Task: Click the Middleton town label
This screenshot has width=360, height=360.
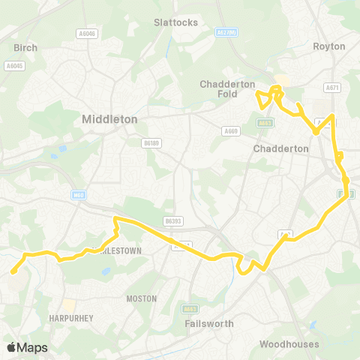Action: point(109,118)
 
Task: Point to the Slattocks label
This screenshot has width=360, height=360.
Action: point(175,22)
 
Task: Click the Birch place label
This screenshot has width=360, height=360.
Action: point(25,47)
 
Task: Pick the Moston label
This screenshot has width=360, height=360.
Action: point(142,298)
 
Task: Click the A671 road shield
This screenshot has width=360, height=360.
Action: point(333,88)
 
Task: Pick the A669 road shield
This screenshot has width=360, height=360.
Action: point(230,130)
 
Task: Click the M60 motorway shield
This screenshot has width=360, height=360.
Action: point(78,195)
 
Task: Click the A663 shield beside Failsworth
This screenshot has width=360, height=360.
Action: point(189,308)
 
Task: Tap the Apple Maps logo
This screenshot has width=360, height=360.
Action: point(27,347)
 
